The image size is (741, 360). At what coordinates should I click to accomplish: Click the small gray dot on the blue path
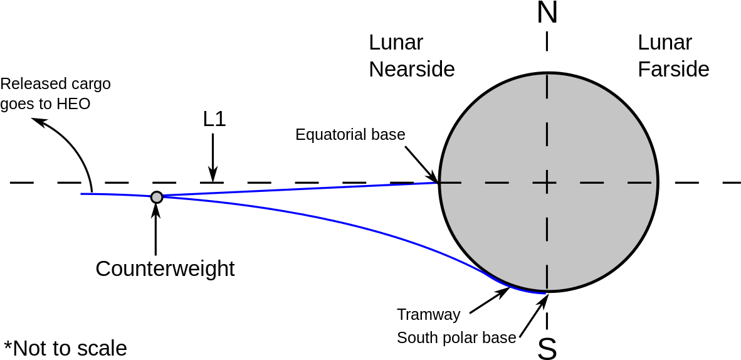point(157,197)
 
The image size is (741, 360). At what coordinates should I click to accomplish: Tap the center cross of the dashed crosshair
point(547,183)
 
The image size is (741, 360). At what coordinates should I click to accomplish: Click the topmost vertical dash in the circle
point(547,87)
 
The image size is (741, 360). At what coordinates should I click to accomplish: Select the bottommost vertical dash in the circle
point(547,277)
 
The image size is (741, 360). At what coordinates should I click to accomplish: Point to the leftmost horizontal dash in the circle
point(451,183)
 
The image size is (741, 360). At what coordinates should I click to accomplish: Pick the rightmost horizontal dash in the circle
point(639,183)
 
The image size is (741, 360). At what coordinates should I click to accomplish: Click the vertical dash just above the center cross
point(547,134)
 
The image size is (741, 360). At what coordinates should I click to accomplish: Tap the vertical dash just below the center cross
point(547,229)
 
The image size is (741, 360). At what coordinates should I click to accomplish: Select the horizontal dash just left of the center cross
point(497,183)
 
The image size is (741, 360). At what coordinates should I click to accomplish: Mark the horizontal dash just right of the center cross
point(592,183)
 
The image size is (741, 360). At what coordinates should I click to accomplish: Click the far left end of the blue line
point(81,194)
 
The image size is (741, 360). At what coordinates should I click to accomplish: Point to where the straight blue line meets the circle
point(436,183)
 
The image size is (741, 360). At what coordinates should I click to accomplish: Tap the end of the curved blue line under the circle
point(545,293)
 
